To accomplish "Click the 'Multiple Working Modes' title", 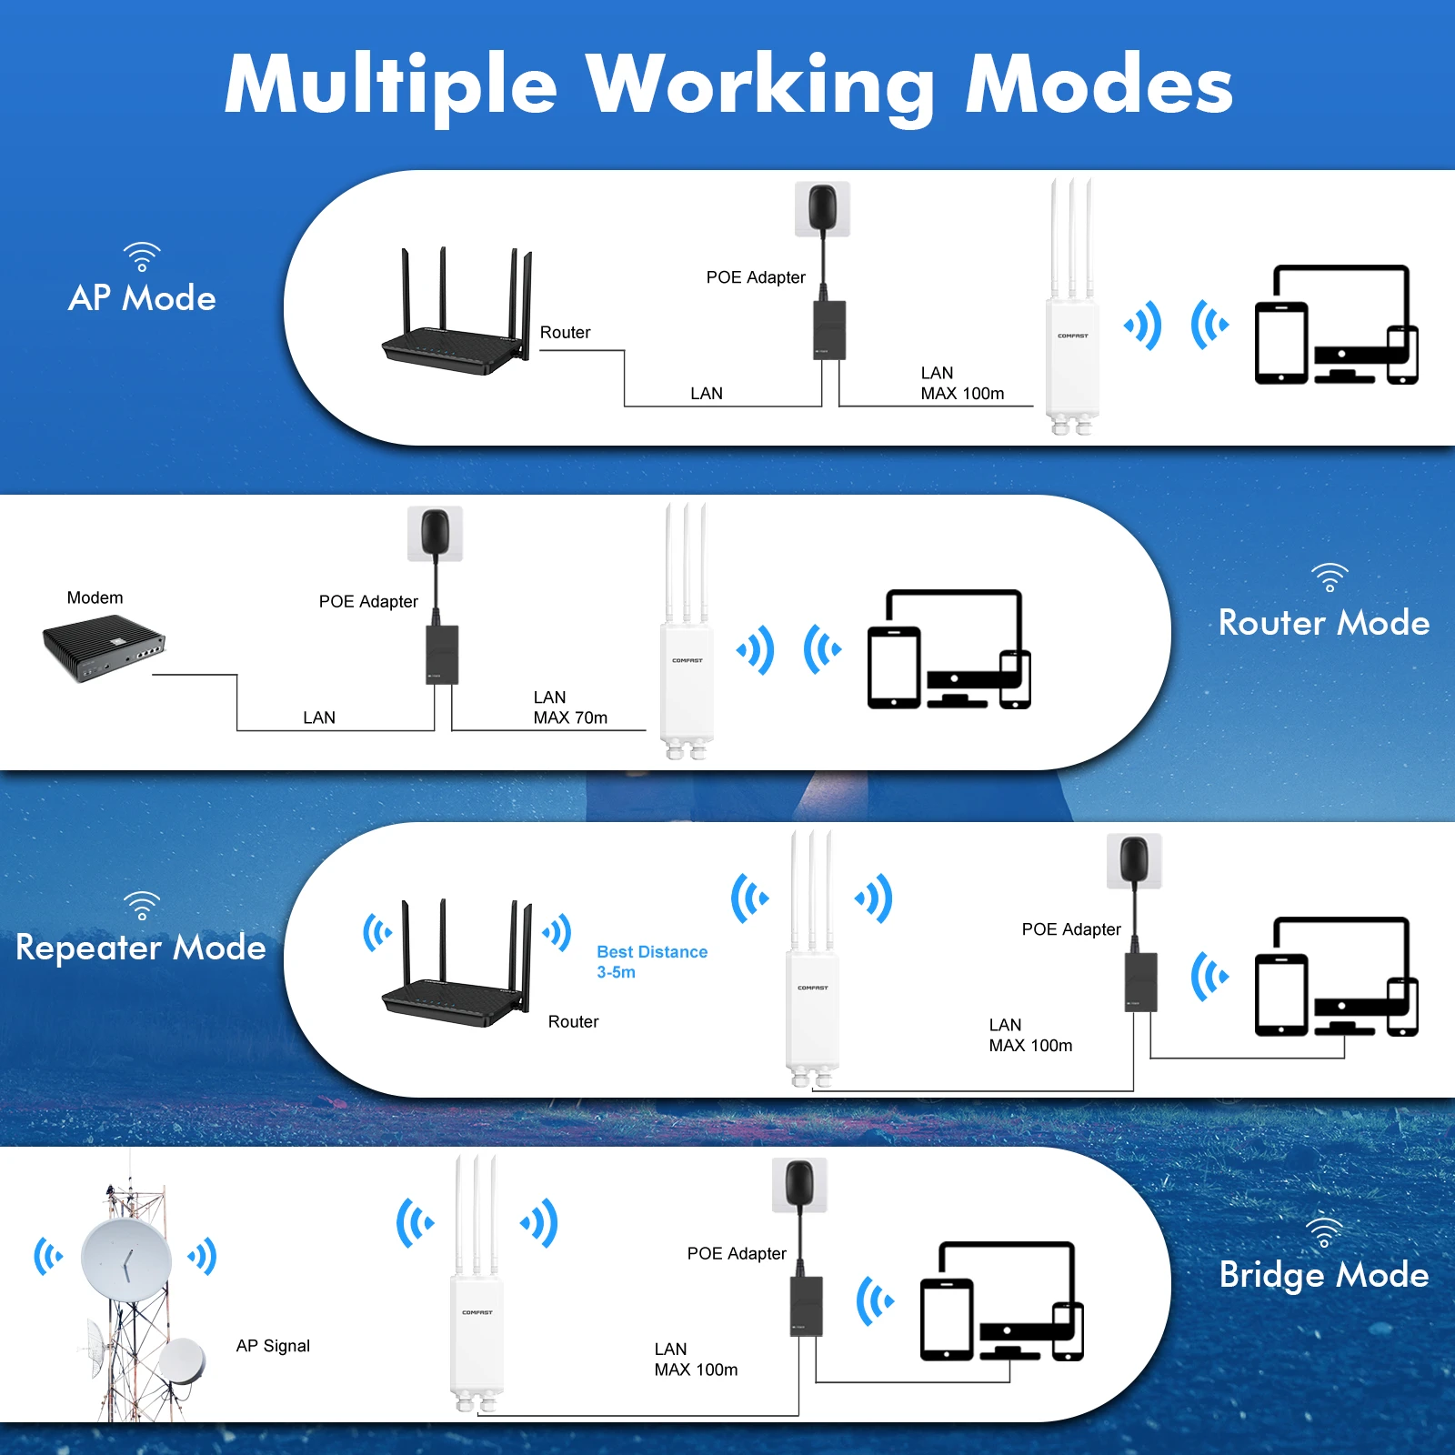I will (727, 85).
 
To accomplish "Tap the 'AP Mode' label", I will (142, 298).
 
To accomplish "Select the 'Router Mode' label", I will (1323, 623).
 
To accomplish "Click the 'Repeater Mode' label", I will (141, 948).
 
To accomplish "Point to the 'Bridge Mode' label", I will (1323, 1275).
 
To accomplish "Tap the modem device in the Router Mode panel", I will (103, 647).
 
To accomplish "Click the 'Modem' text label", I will (95, 597).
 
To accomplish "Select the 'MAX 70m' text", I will (570, 717).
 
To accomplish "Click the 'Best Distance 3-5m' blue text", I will (651, 961).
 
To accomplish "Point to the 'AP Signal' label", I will (273, 1346).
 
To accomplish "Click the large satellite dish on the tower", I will (125, 1259).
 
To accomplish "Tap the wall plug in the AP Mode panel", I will (822, 208).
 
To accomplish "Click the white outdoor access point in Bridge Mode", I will (477, 1328).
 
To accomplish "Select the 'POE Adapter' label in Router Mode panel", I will (368, 601).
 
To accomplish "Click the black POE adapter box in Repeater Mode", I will (1140, 982).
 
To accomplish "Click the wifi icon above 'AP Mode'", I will (142, 256).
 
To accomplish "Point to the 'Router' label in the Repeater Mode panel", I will (573, 1021).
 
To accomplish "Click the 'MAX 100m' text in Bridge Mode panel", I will (696, 1370).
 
